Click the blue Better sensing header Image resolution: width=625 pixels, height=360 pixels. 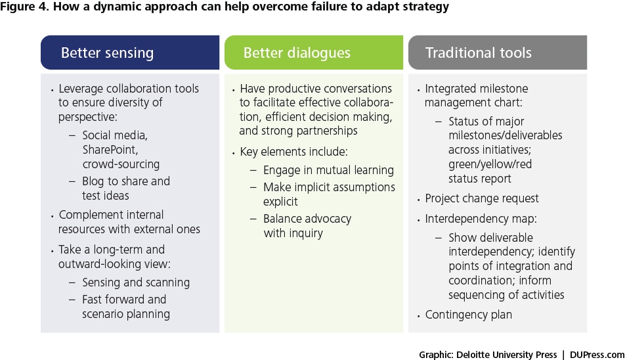pyautogui.click(x=130, y=53)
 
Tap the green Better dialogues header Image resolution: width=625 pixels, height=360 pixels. pyautogui.click(x=314, y=53)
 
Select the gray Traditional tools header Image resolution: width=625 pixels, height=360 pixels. pyautogui.click(x=498, y=53)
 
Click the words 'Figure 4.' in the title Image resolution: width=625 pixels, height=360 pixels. pyautogui.click(x=25, y=7)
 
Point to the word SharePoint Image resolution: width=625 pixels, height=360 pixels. pyautogui.click(x=110, y=150)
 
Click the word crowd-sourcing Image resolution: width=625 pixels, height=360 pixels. pyautogui.click(x=121, y=164)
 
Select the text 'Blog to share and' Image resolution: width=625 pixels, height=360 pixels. pyautogui.click(x=126, y=181)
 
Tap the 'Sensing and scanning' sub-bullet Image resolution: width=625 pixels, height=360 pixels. pyautogui.click(x=136, y=282)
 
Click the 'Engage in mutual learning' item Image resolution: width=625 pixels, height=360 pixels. pyautogui.click(x=328, y=170)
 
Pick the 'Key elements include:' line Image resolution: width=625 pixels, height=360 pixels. pyautogui.click(x=293, y=152)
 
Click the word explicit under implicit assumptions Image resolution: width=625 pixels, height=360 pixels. pyautogui.click(x=280, y=202)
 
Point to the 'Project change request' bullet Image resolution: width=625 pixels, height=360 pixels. pyautogui.click(x=481, y=198)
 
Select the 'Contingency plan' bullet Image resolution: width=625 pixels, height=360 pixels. pyautogui.click(x=468, y=315)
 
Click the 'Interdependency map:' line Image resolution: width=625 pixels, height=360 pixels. pyautogui.click(x=481, y=219)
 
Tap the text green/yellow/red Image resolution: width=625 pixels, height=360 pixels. pyautogui.click(x=490, y=164)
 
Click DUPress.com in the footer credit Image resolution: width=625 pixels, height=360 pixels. pyautogui.click(x=597, y=355)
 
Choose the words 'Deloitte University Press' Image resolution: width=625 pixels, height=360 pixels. pyautogui.click(x=506, y=355)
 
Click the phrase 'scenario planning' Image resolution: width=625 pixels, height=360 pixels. pyautogui.click(x=126, y=314)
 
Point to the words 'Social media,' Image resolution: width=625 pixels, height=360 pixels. pyautogui.click(x=115, y=135)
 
